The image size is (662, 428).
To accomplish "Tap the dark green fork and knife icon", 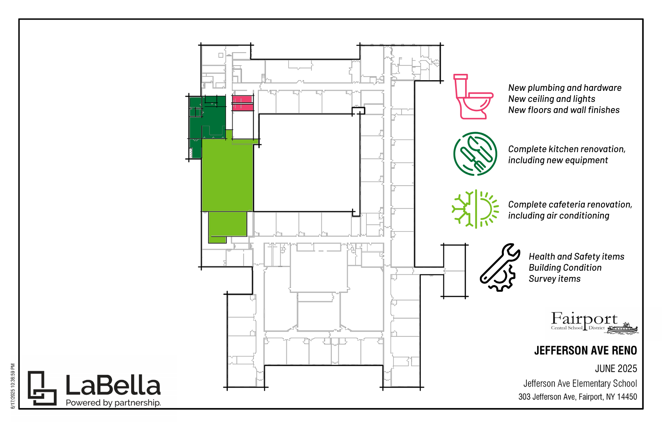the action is tap(475, 154).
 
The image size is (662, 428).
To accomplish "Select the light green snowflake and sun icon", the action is tap(475, 209).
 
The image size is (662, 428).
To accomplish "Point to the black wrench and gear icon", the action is tap(499, 267).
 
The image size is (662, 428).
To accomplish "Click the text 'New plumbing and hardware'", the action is tap(564, 88).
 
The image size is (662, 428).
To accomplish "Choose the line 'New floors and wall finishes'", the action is tap(564, 110).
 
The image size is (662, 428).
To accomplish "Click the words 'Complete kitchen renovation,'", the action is tap(567, 149).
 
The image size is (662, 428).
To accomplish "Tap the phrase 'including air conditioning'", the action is tap(559, 216).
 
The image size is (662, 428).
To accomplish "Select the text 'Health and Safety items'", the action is tap(576, 257).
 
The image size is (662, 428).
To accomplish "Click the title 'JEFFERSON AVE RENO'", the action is tap(586, 350).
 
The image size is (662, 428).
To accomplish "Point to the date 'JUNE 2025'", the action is tap(616, 369).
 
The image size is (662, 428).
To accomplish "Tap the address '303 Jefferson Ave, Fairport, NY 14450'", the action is tap(577, 397).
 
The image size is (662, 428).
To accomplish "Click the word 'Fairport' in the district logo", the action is tap(584, 319).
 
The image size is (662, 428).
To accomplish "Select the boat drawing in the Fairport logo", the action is tap(623, 328).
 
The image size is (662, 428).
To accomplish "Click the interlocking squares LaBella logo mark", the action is tap(42, 388).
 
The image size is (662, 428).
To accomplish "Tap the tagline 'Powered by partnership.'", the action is tap(113, 403).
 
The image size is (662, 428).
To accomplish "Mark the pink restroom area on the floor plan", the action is tap(242, 103).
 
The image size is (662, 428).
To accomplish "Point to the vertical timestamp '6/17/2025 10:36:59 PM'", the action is tap(13, 386).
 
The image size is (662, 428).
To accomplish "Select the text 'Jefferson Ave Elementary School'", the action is tap(580, 384).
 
